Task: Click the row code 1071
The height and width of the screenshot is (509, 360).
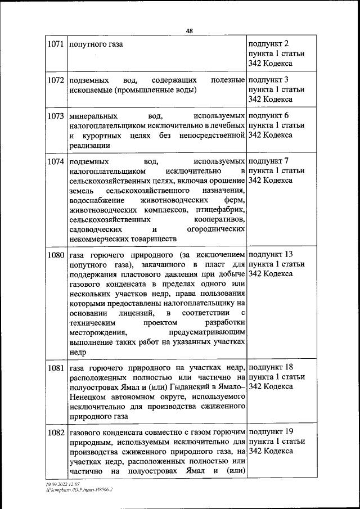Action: point(56,44)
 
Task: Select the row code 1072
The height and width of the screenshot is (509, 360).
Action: point(56,80)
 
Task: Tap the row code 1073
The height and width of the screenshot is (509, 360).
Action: point(56,116)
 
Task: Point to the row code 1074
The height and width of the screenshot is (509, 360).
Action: point(56,161)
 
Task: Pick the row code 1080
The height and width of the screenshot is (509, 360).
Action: point(56,254)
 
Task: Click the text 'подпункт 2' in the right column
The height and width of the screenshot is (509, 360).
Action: point(268,44)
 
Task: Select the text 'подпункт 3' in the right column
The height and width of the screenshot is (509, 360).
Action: point(268,80)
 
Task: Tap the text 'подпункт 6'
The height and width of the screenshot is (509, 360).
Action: point(268,116)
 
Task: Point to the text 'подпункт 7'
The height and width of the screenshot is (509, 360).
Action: point(268,161)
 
